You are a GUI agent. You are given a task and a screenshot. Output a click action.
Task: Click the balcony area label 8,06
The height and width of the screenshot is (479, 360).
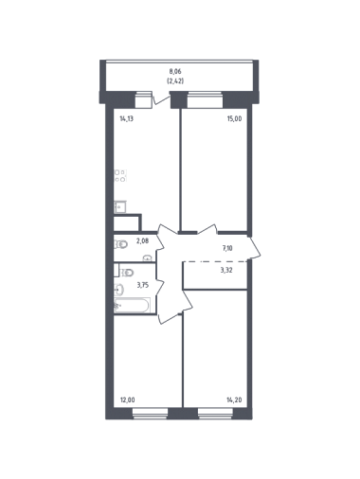[x=175, y=72]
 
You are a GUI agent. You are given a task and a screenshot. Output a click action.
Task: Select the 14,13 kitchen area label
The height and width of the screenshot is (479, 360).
[x=126, y=119]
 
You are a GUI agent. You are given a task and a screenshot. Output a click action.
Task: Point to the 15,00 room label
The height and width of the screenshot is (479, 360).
[x=237, y=119]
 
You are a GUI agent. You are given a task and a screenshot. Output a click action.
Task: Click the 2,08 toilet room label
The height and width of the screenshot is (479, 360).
[x=142, y=241]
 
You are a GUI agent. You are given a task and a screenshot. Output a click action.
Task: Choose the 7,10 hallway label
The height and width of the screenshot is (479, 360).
[x=227, y=248]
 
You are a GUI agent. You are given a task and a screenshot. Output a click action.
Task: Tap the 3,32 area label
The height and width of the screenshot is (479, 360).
[x=226, y=270]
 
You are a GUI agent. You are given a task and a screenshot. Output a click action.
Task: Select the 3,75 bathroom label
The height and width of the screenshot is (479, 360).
[x=143, y=285]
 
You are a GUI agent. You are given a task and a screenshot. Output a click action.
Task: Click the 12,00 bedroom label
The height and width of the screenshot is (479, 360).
[x=128, y=400]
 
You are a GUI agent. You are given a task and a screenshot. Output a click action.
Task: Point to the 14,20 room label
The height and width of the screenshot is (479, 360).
[x=234, y=400]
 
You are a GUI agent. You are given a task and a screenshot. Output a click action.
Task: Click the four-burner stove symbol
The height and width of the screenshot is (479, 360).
[x=120, y=176]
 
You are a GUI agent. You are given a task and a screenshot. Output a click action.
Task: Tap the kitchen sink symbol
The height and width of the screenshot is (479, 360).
[x=120, y=207]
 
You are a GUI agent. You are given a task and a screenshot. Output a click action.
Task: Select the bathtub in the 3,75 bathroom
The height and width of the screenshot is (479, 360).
[x=132, y=305]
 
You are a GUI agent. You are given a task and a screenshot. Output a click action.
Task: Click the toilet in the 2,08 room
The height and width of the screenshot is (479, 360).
[x=121, y=244]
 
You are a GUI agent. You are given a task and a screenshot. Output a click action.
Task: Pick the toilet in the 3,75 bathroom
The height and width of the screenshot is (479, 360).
[x=127, y=272]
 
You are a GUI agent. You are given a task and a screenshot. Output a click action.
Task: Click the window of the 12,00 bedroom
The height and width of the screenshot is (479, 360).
[x=150, y=414]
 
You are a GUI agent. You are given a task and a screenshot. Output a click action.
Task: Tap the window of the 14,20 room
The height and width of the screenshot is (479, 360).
[x=215, y=414]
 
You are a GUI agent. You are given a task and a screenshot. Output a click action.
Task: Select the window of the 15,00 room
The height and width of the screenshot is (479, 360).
[x=205, y=99]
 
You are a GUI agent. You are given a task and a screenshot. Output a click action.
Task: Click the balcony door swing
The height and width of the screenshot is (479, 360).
[x=161, y=98]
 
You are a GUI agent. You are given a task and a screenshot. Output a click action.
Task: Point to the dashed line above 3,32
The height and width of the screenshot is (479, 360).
[x=215, y=261]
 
